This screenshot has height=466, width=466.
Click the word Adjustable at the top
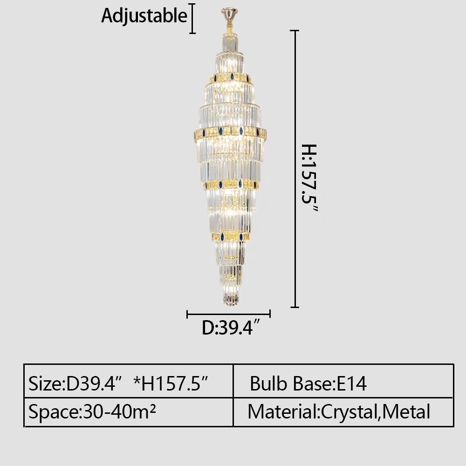click(x=144, y=16)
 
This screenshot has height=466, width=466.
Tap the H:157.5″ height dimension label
click(x=309, y=178)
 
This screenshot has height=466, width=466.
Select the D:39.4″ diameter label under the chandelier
click(x=231, y=328)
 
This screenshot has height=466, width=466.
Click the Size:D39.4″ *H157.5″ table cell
click(x=129, y=381)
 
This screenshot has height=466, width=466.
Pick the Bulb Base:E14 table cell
click(x=343, y=381)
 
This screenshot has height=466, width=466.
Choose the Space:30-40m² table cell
click(x=129, y=412)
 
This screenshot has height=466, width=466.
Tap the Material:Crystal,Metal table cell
click(x=343, y=412)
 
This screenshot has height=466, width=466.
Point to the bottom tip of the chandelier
click(x=231, y=305)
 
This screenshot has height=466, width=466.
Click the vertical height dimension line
click(x=295, y=169)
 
